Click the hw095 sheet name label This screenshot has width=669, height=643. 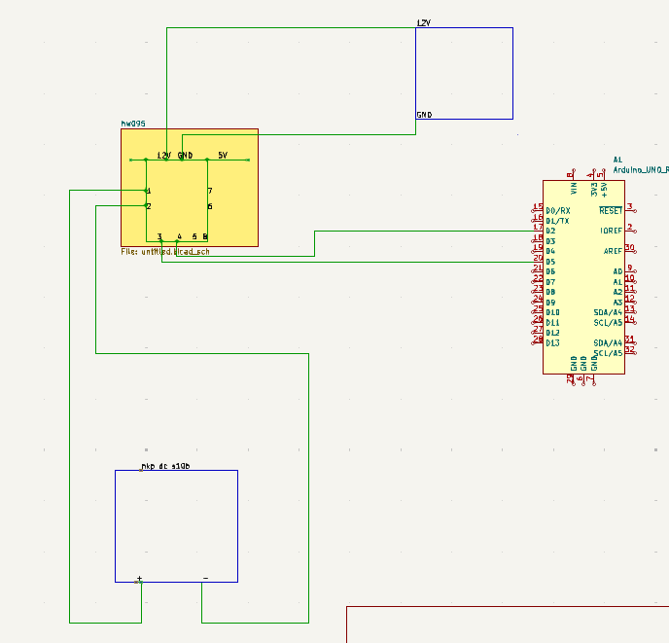coord(132,124)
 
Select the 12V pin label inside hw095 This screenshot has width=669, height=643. coord(164,156)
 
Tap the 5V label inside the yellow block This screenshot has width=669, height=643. coord(222,156)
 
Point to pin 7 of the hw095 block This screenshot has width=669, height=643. coord(210,191)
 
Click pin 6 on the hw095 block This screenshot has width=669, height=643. coord(210,206)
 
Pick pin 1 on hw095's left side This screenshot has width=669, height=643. coord(148,191)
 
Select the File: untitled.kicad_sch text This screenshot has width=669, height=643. coord(165,252)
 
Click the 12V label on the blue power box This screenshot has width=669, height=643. coord(423,22)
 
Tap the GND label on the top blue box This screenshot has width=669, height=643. coord(424,115)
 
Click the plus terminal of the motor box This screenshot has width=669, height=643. coord(139,579)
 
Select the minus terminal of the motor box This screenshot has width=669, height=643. coord(205,579)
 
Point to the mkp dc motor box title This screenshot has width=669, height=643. coord(165,466)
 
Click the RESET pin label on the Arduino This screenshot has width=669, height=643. coord(611,210)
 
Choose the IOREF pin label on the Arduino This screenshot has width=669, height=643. coord(611,231)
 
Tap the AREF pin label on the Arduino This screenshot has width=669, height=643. coord(613,251)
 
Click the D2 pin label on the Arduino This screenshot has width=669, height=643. coord(550,231)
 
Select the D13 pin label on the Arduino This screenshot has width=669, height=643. coord(552,343)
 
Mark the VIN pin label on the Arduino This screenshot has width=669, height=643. coord(573,185)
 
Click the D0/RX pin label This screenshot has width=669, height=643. coord(558,210)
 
